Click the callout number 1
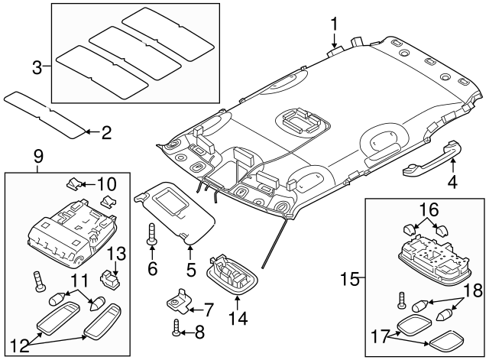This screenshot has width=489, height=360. [335, 24]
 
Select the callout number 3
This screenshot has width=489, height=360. [36, 67]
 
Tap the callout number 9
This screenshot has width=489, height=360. [39, 157]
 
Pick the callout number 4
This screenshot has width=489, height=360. [452, 182]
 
